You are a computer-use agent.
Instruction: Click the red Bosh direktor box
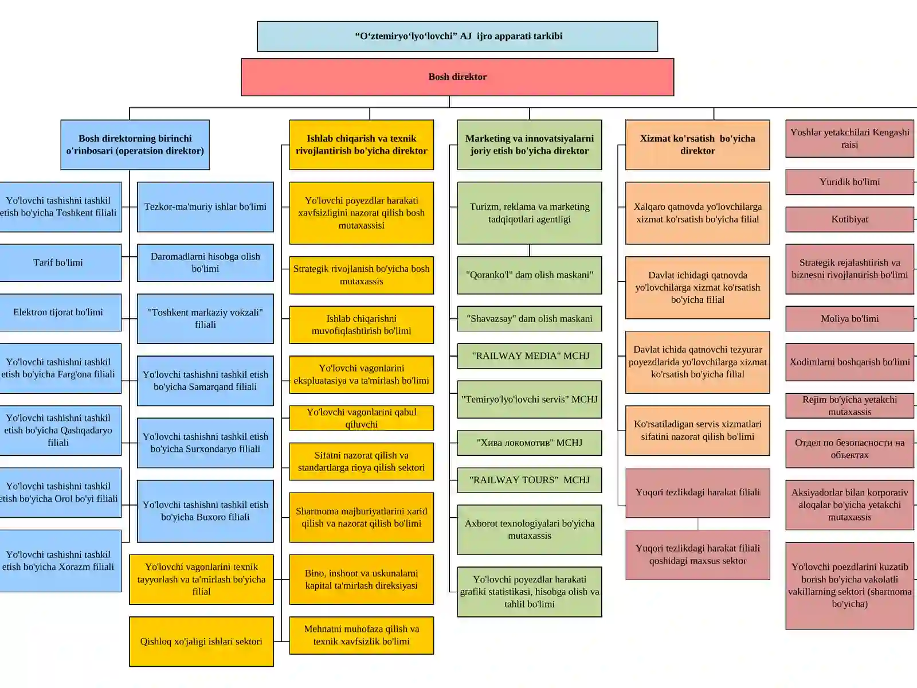457,77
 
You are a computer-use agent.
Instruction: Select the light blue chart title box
457,36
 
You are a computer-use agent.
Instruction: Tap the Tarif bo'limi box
58,263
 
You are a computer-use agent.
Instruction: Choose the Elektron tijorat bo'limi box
58,312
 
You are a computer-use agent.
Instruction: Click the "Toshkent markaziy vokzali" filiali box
205,319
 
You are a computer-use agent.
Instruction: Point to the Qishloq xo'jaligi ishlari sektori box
201,641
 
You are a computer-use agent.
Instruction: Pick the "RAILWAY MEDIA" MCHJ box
530,356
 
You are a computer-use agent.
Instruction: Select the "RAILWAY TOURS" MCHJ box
530,480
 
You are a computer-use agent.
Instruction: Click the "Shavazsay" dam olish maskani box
530,319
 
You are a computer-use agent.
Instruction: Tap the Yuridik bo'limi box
850,182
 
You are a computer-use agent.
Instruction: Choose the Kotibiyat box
850,220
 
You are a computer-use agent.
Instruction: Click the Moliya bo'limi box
850,319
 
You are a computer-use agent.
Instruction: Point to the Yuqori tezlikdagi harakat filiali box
697,492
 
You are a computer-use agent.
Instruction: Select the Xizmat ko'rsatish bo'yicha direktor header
697,145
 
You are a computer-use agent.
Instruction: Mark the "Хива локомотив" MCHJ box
530,443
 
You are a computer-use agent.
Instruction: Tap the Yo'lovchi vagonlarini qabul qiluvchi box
362,418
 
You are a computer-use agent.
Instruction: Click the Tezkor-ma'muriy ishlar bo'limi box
205,207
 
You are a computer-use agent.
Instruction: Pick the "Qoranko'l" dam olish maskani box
530,275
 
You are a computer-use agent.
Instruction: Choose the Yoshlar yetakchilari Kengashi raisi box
850,139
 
